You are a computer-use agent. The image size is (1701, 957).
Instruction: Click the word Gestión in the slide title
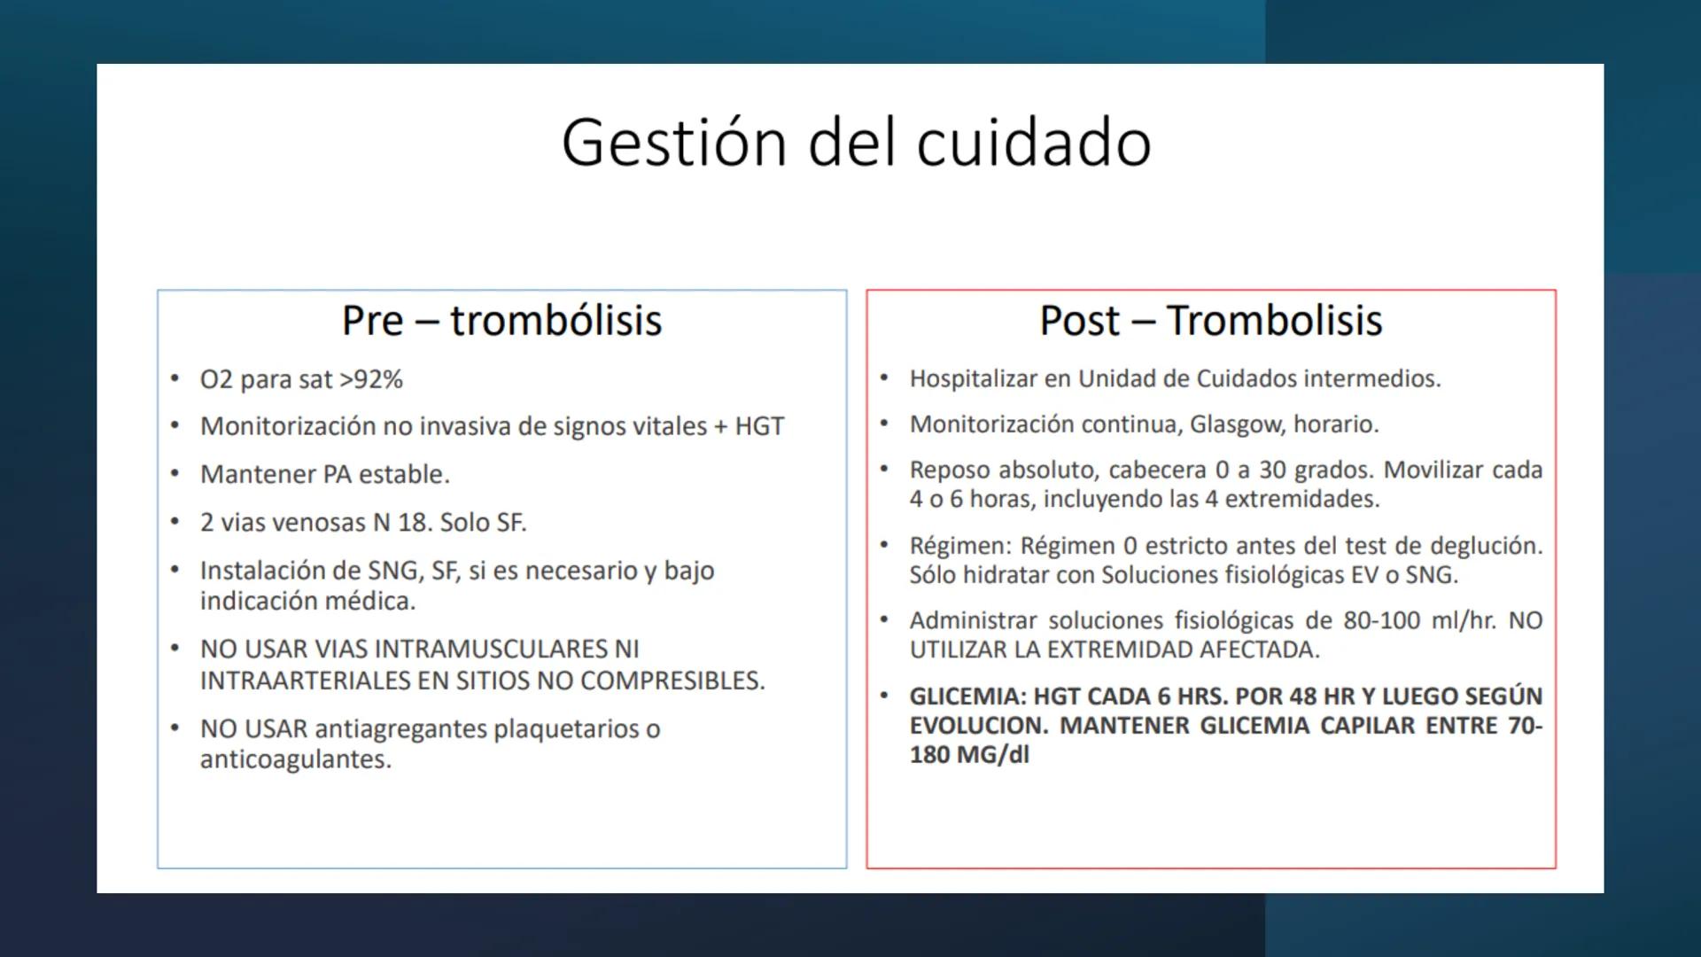pos(673,144)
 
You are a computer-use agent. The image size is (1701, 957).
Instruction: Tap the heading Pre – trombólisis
pos(501,321)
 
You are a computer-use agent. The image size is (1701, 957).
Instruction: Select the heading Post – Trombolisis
pos(1210,321)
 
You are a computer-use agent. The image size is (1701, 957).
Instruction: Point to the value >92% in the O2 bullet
pos(371,380)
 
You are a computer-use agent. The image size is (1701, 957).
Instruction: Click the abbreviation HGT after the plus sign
pos(759,427)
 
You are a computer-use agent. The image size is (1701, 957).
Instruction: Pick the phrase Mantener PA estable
pos(324,475)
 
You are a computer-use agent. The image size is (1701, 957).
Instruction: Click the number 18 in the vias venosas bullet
pos(413,523)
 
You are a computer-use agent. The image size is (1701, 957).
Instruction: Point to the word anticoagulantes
pos(294,760)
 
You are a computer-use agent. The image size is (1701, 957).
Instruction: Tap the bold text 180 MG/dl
pos(969,756)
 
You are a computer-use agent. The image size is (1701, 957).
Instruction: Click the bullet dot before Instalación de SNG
pos(175,570)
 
